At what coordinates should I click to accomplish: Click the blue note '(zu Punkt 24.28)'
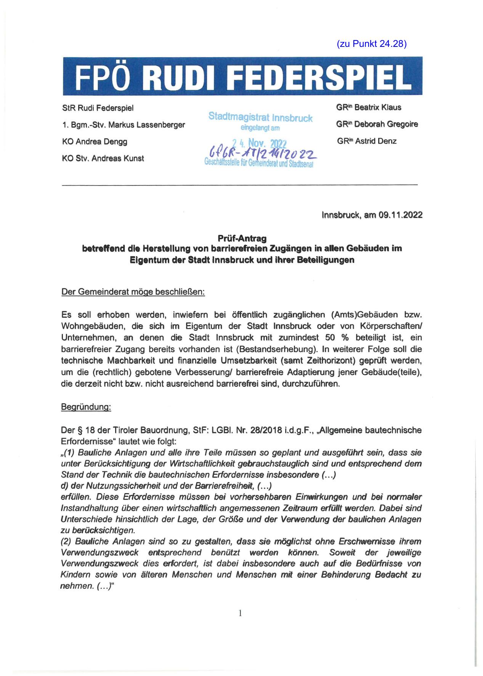coord(372,44)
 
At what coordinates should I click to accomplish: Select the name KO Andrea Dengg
coord(95,141)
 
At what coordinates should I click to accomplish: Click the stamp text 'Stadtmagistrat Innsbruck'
coord(260,118)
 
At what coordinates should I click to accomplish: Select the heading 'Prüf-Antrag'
coord(242,238)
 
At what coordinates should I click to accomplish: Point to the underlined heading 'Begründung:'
coord(86,407)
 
